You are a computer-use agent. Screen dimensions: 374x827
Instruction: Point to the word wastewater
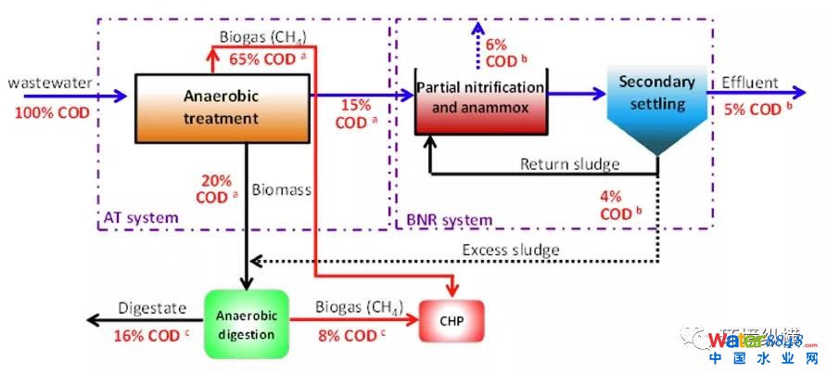pyautogui.click(x=50, y=84)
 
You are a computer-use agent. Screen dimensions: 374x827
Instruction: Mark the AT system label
pyautogui.click(x=140, y=218)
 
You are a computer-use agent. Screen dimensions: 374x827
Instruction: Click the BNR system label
pyautogui.click(x=450, y=219)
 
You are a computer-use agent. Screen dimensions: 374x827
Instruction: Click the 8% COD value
pyautogui.click(x=348, y=335)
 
